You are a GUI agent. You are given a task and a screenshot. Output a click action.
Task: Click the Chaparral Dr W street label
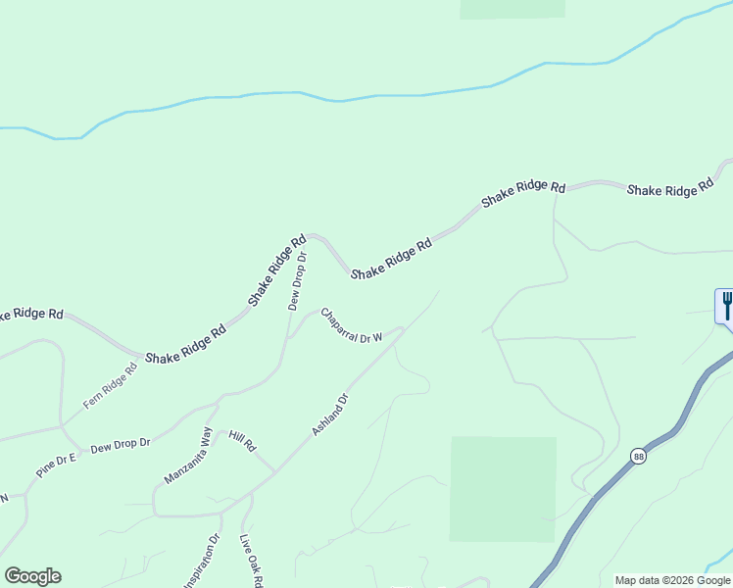350,326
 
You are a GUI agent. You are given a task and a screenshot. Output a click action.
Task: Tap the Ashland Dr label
330,416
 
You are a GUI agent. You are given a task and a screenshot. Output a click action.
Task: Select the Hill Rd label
242,440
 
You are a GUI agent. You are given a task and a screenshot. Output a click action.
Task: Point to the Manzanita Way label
188,456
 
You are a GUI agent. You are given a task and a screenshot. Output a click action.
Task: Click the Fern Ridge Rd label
110,386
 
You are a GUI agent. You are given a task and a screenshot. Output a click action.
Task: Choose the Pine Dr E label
56,465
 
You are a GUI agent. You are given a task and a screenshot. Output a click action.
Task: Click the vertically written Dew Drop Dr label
298,281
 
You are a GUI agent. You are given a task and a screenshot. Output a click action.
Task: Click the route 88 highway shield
639,456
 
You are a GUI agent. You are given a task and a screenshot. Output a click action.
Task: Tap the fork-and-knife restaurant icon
726,305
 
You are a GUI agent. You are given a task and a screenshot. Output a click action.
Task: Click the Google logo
32,576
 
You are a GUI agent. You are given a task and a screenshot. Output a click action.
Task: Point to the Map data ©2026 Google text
673,580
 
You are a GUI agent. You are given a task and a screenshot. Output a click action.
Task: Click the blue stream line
392,95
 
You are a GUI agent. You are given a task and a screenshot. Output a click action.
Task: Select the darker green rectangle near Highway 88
503,489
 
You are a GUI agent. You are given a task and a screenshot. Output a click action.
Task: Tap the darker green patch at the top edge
513,8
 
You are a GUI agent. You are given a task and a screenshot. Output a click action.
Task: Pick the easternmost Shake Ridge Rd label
669,188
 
